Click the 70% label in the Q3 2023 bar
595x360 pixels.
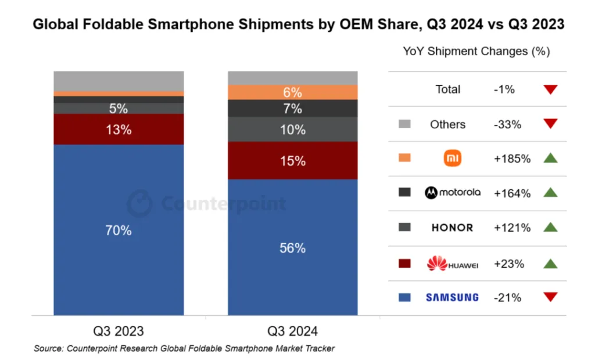pos(119,231)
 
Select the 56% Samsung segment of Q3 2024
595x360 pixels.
pos(292,248)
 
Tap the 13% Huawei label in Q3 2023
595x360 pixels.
pos(119,129)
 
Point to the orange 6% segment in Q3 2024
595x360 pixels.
pos(292,92)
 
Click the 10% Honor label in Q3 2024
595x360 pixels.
pos(292,129)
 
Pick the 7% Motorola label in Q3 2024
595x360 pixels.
pos(292,109)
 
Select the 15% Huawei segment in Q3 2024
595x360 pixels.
pos(292,161)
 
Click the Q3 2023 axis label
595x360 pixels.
pos(119,332)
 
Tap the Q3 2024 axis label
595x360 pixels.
pos(292,332)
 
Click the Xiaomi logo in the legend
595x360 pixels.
pos(453,159)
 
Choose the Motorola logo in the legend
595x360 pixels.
pos(453,193)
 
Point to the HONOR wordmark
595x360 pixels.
pos(453,228)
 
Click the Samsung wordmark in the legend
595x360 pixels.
pos(452,297)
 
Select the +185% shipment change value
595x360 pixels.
pos(512,159)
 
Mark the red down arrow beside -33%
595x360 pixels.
pos(550,124)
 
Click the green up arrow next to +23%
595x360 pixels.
pos(550,263)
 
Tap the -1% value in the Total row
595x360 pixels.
pos(504,89)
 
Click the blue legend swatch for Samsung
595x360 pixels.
pos(405,297)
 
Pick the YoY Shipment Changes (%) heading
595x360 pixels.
pos(476,51)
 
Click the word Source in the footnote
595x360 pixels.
pos(48,348)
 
